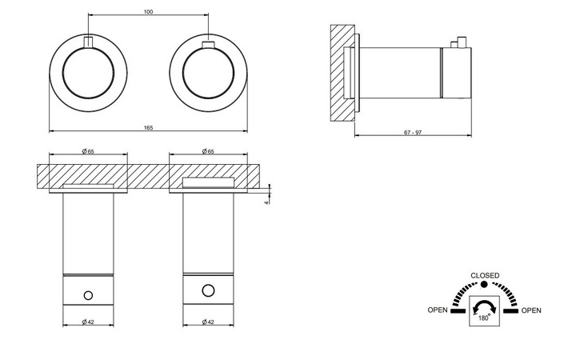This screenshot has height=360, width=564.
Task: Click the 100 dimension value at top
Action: pos(148,11)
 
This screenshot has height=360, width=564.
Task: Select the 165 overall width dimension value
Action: pos(148,127)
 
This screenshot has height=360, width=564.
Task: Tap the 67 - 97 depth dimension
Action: pos(413,132)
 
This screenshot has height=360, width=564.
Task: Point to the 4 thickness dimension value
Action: pos(266,203)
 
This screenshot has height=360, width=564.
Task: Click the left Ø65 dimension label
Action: pos(88,151)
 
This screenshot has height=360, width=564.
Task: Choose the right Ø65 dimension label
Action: pos(208,151)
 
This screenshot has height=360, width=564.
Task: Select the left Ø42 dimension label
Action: pos(88,322)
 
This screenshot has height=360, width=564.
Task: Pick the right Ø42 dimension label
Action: pos(208,322)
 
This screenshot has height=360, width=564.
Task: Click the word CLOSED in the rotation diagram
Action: pos(485,275)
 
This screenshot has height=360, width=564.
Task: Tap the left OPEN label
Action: pos(438,310)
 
